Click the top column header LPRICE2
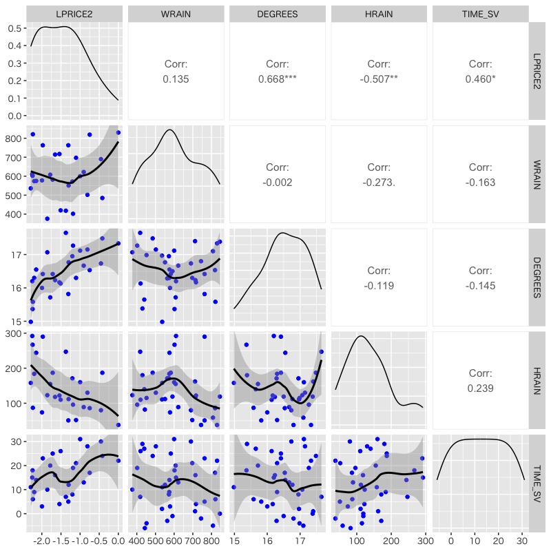pos(74,14)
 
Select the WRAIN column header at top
pos(176,14)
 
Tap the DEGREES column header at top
pos(277,14)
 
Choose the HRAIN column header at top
pos(379,14)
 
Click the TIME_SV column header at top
pos(480,14)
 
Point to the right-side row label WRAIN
pos(537,176)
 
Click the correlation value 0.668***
pos(277,79)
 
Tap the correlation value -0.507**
pos(379,79)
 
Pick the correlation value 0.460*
pos(480,79)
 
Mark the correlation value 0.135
pos(176,79)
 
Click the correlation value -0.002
pos(277,183)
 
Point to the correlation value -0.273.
pos(379,183)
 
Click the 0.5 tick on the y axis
pos(14,28)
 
